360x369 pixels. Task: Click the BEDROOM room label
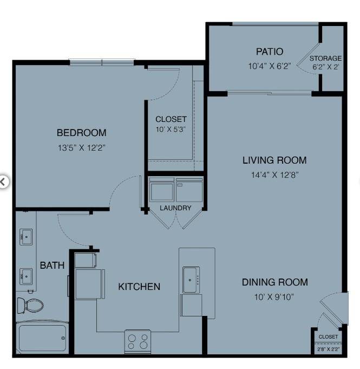(x=82, y=133)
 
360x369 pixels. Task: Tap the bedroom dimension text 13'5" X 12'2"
(x=82, y=147)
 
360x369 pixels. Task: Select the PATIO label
(x=270, y=52)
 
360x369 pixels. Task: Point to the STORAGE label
(x=326, y=59)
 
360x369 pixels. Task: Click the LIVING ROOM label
(x=274, y=160)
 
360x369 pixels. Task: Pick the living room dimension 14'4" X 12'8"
(x=274, y=174)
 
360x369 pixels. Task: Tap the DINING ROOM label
(x=274, y=282)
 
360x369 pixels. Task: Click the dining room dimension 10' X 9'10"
(x=274, y=296)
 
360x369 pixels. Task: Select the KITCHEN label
(x=139, y=287)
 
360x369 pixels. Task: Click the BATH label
(x=53, y=266)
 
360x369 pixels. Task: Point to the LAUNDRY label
(x=175, y=208)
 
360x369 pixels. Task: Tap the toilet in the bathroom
(x=30, y=305)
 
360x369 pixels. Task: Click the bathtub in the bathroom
(x=42, y=337)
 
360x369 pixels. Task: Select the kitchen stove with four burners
(x=138, y=341)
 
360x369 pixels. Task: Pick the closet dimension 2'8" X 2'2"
(x=328, y=349)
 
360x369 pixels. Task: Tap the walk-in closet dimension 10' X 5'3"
(x=171, y=130)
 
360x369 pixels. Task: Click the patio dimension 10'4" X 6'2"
(x=270, y=67)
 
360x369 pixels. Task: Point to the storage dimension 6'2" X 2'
(x=326, y=68)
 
